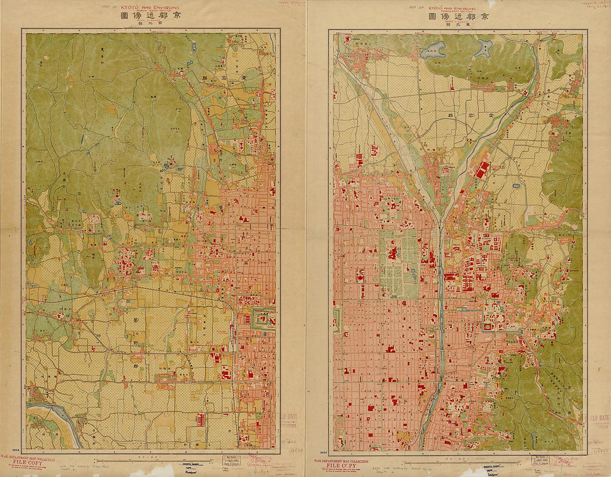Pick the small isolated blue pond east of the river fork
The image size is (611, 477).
point(517,186)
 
